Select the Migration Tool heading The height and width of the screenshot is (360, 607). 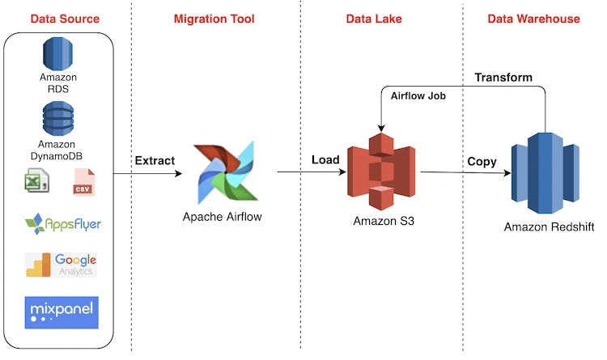(214, 17)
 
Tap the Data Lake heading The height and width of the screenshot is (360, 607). (374, 17)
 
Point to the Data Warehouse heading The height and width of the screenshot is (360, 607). (533, 17)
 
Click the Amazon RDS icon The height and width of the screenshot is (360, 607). (57, 53)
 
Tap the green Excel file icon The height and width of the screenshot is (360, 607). (36, 181)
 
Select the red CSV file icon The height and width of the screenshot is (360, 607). (83, 181)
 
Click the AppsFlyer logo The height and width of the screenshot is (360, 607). (62, 222)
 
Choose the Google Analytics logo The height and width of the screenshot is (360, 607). (62, 265)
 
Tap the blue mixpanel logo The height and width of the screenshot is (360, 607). (62, 312)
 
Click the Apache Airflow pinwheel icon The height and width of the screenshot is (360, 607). (224, 172)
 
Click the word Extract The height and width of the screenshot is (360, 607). (154, 161)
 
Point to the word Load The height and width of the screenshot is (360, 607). (325, 160)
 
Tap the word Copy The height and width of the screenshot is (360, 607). (482, 162)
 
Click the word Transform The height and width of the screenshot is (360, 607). (503, 78)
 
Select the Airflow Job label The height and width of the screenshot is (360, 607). (419, 96)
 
